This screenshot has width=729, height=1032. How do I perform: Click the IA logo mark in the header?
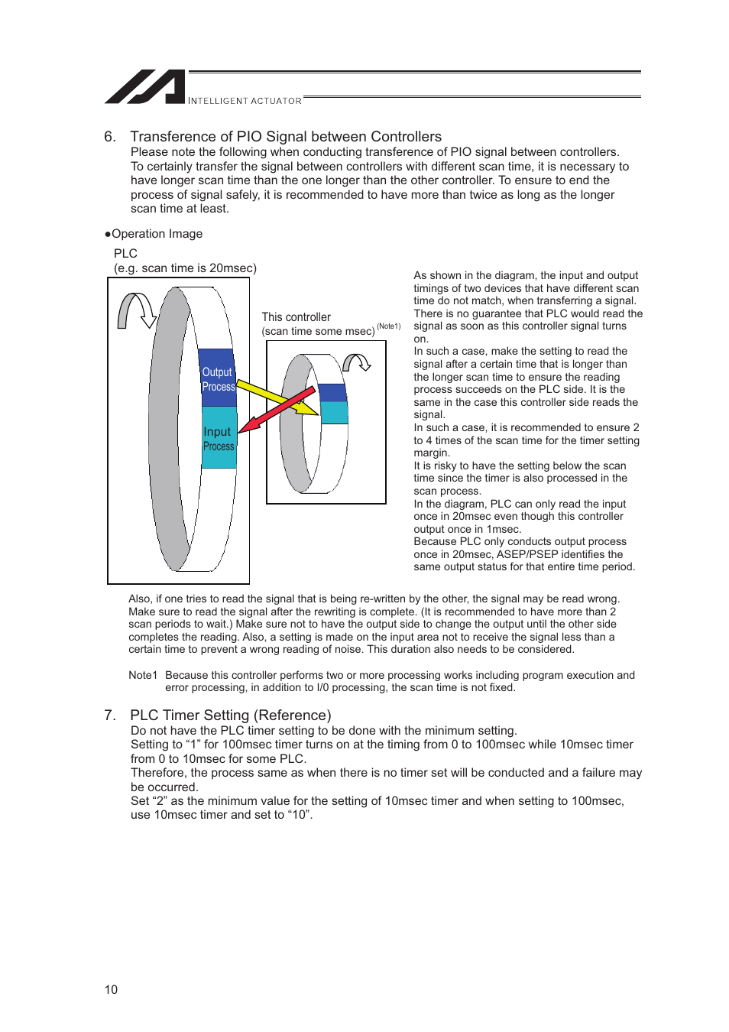145,87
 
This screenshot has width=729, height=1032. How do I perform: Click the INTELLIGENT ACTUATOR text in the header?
245,101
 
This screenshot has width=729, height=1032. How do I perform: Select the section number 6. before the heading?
110,137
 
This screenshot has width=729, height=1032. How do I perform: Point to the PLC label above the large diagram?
125,254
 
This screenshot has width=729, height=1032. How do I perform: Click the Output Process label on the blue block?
218,379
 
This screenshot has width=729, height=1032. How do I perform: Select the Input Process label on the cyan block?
219,439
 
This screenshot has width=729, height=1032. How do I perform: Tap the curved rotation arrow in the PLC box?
136,311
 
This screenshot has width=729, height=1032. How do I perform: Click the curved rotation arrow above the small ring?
356,362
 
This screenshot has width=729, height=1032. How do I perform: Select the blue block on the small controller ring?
332,392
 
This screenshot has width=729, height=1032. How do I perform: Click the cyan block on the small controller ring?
334,412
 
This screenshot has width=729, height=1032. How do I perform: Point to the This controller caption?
296,317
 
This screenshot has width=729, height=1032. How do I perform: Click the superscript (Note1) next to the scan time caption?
388,326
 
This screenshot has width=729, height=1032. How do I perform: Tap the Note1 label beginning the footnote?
143,675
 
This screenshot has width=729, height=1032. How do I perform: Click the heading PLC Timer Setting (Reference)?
230,716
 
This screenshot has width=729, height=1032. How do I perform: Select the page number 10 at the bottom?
111,990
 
